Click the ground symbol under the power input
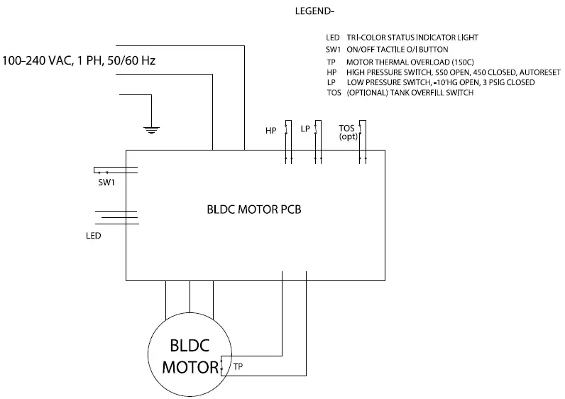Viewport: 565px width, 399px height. click(x=150, y=128)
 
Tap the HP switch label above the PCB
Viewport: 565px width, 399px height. click(x=270, y=131)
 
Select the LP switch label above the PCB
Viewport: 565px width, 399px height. click(x=305, y=129)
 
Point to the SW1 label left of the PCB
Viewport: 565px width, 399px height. click(x=106, y=182)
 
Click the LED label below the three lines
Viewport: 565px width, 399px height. click(x=92, y=235)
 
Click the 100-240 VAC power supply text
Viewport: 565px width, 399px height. click(x=79, y=61)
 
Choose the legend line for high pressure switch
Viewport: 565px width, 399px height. click(x=426, y=72)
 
